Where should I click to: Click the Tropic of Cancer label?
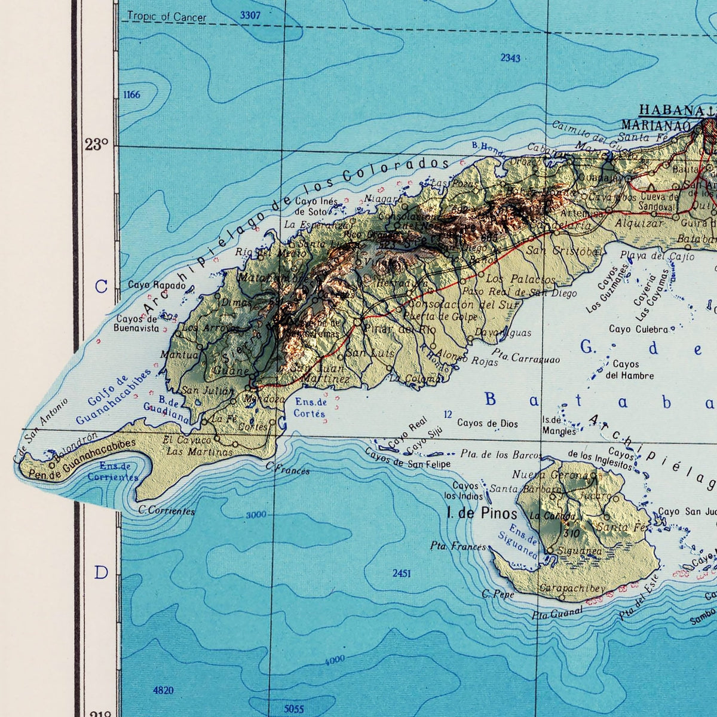[x=167, y=17]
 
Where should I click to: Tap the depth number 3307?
[x=250, y=16]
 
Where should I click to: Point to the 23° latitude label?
[x=96, y=145]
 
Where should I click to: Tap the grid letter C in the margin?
[x=101, y=287]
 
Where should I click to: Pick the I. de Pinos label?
[x=482, y=513]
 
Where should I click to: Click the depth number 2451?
[x=402, y=574]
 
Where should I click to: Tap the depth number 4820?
[x=163, y=691]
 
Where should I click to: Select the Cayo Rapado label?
[x=157, y=286]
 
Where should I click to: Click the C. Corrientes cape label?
[x=167, y=511]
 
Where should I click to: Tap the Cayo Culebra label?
[x=638, y=329]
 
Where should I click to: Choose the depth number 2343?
[x=510, y=58]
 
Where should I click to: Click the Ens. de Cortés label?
[x=310, y=407]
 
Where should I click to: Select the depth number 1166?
[x=131, y=95]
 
